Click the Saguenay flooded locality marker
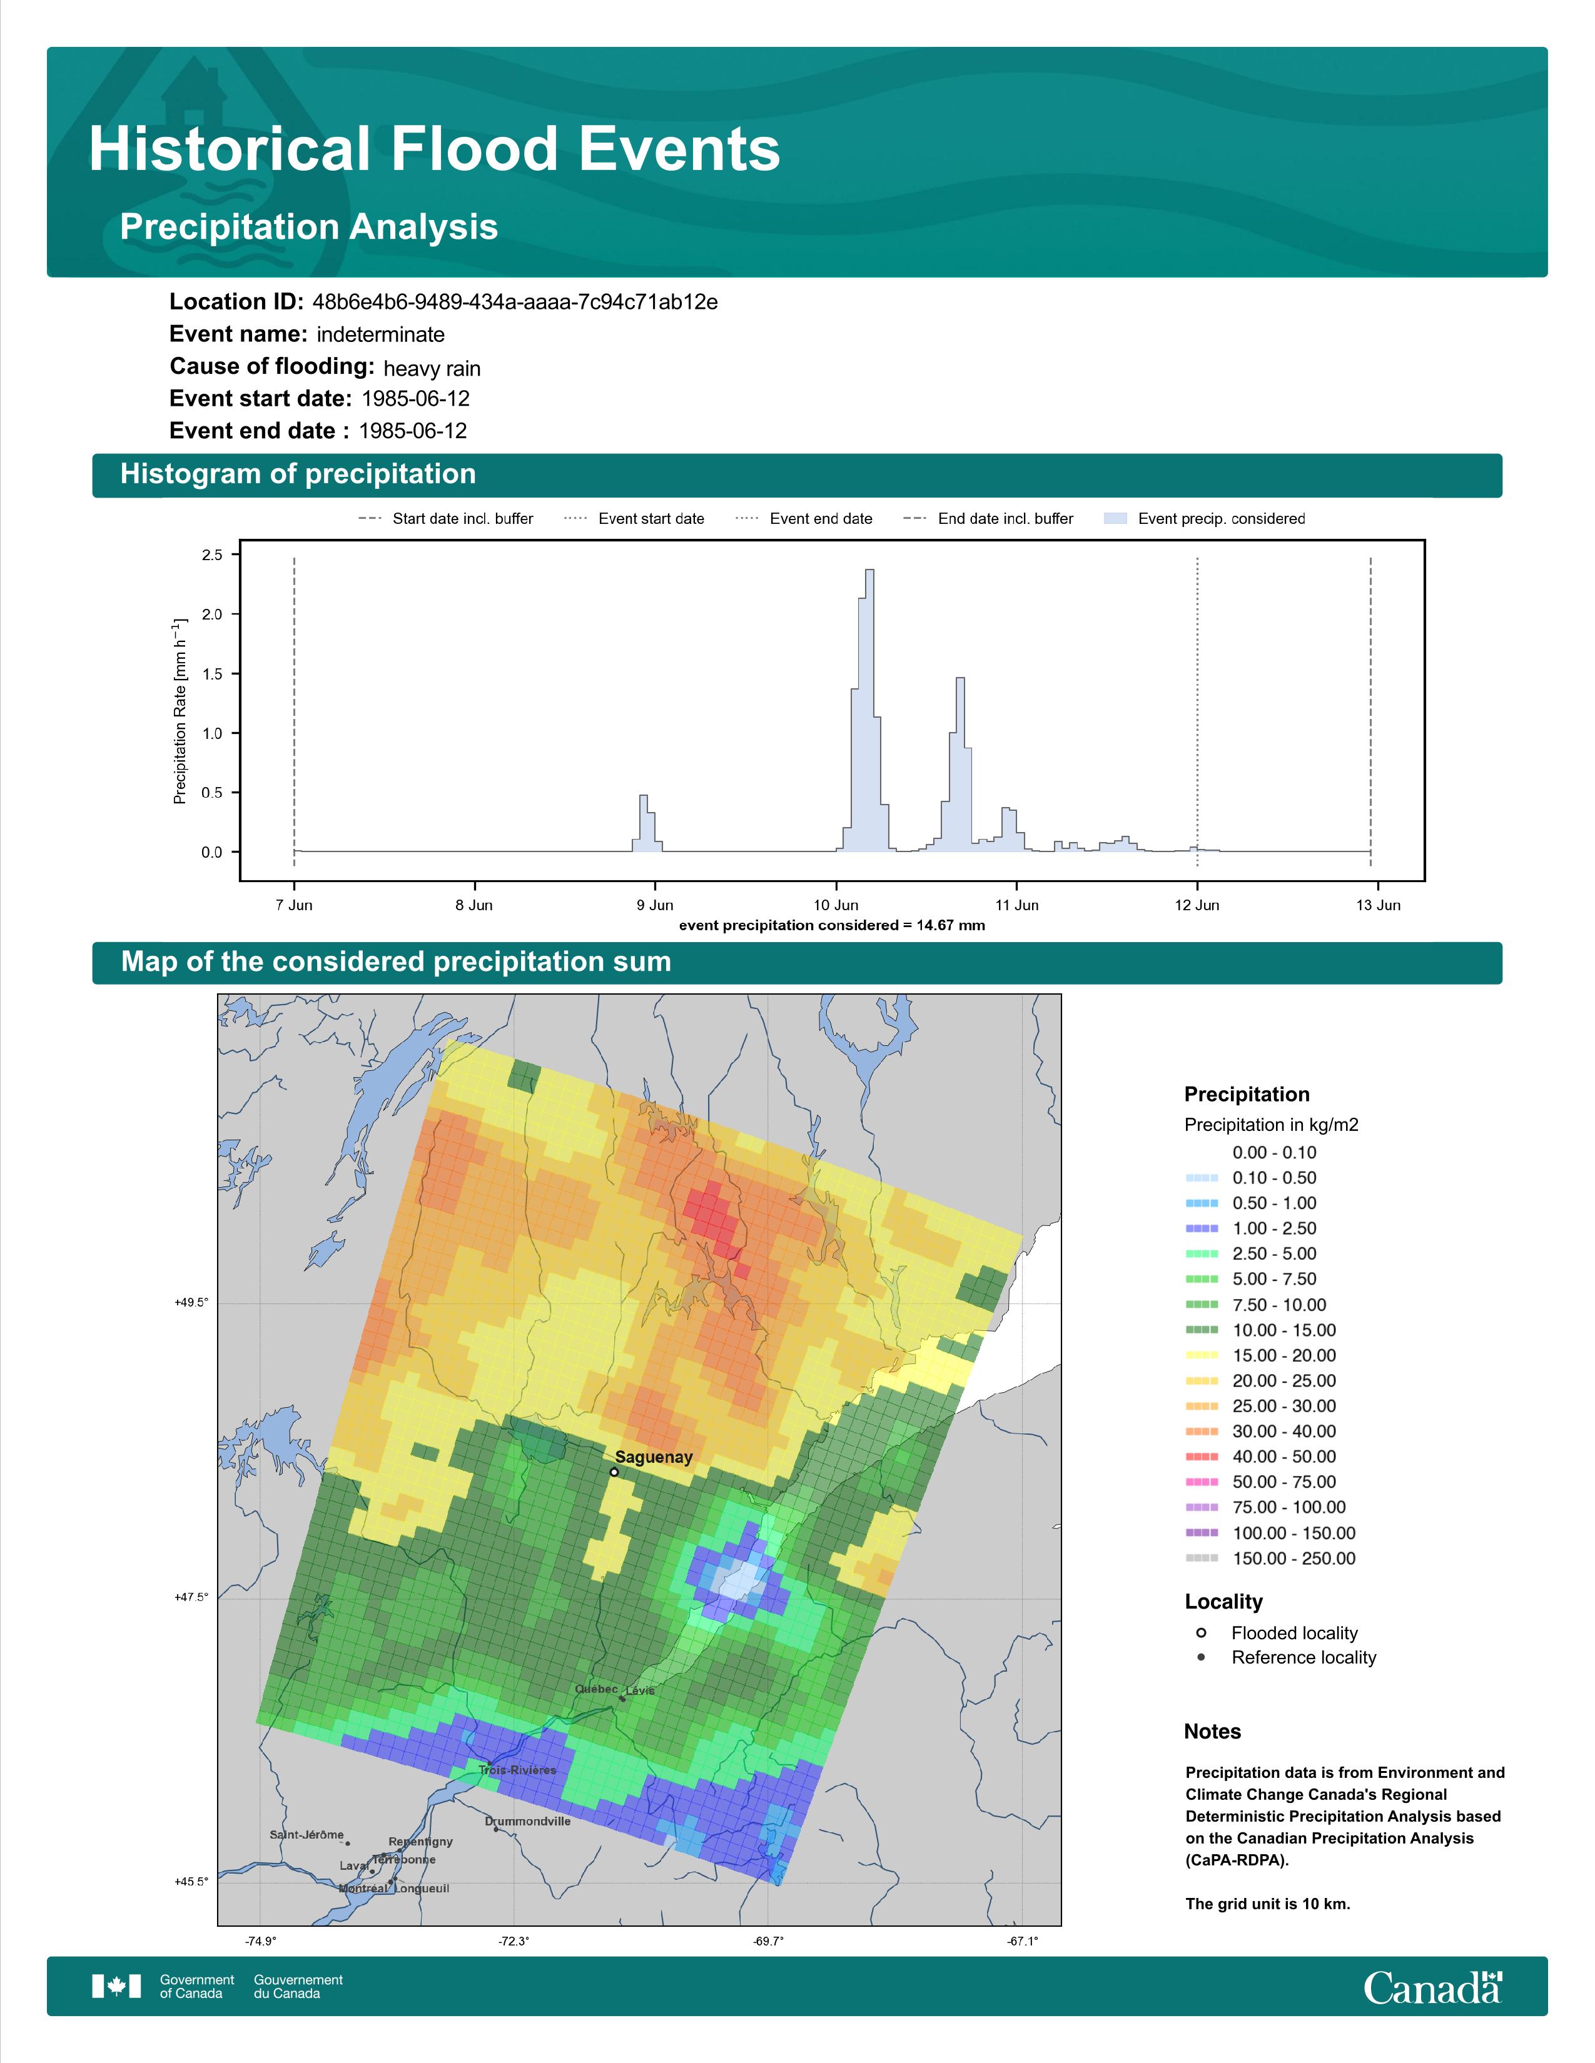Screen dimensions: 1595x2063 (x=614, y=1472)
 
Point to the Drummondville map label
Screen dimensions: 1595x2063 (x=527, y=1820)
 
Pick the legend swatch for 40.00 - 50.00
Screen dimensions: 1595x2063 (x=1201, y=1457)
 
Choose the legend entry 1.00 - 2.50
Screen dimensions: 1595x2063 (x=1273, y=1228)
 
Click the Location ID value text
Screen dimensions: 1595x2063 (x=515, y=303)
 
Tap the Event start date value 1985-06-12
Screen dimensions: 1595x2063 (x=416, y=399)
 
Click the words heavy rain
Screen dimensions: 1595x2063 (x=432, y=368)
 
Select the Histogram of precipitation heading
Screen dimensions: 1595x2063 (x=298, y=474)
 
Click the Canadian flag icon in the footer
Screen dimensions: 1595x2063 (x=116, y=1987)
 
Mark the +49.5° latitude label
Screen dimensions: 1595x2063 (x=191, y=1303)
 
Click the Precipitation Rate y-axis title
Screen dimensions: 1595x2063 (x=180, y=710)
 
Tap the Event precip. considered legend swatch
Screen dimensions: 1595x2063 (x=1116, y=519)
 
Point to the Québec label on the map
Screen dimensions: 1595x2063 (x=596, y=1689)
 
